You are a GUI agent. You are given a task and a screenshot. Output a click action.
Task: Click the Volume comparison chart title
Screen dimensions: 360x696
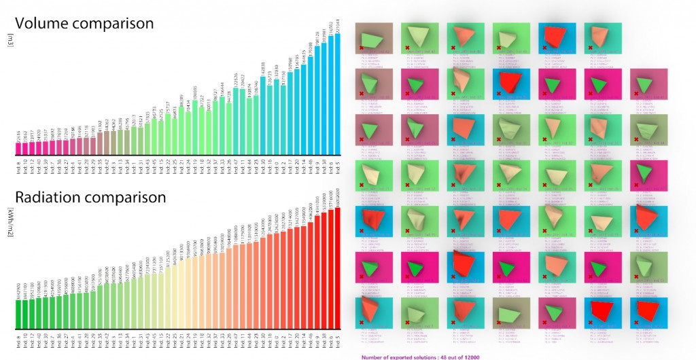click(84, 24)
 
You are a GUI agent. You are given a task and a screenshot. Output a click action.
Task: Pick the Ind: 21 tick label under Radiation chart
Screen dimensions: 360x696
click(181, 344)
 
